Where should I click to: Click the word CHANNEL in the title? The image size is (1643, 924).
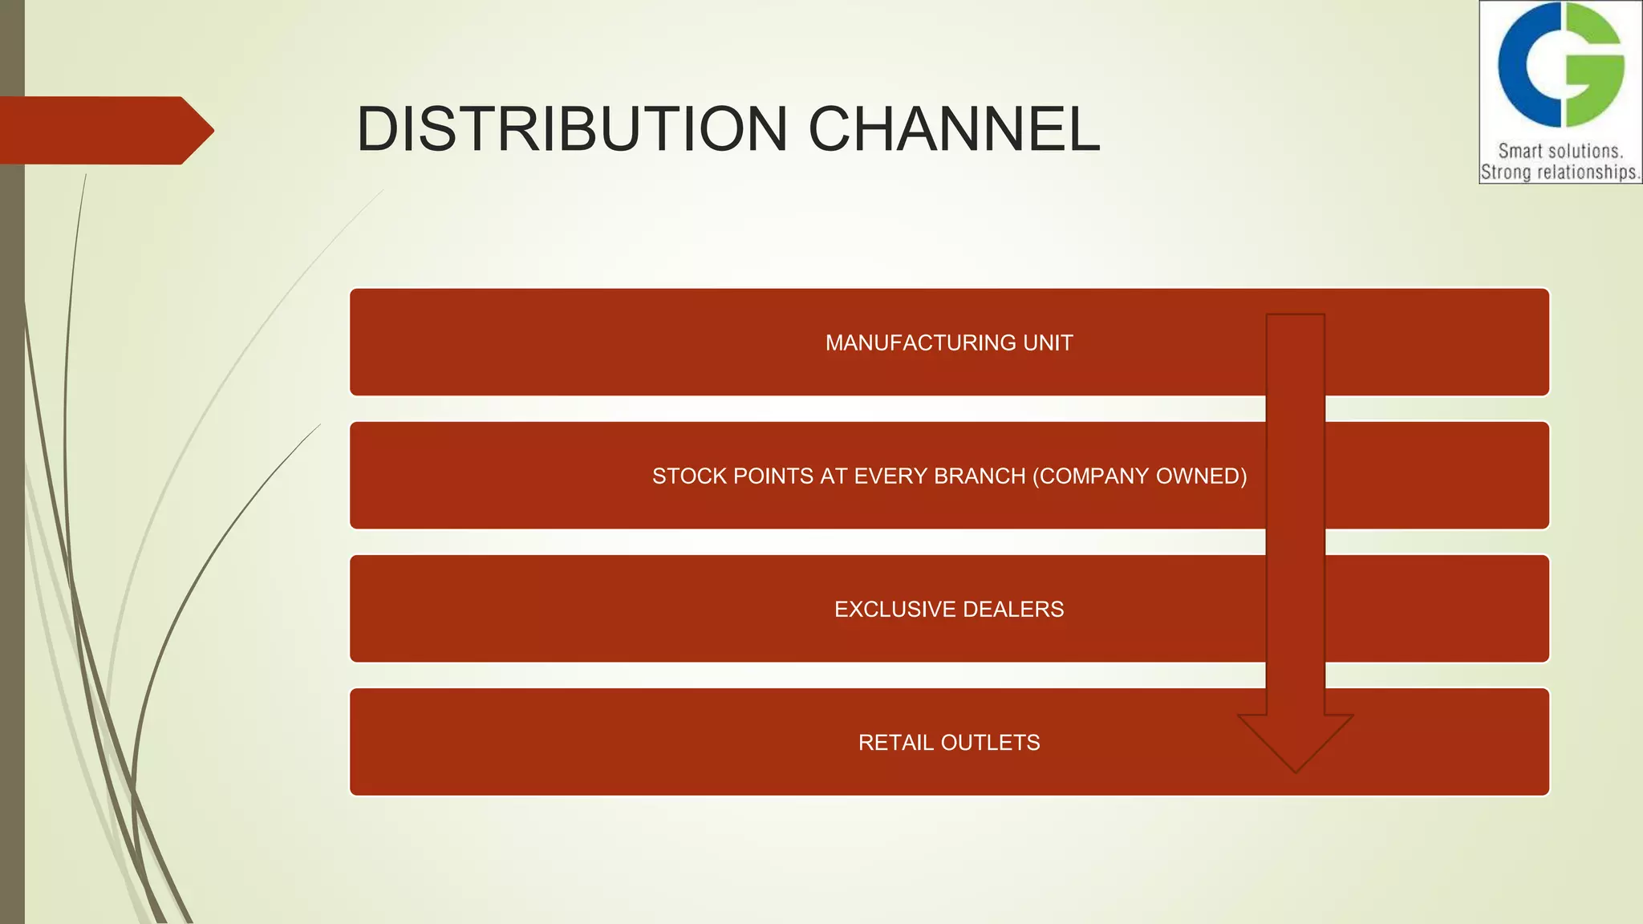tap(954, 129)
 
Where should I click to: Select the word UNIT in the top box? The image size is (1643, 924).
tap(1048, 343)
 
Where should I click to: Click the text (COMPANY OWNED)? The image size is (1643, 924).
tap(1139, 476)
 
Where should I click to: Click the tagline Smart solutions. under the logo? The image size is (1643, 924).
tap(1560, 151)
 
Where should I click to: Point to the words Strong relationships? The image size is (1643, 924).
tap(1560, 172)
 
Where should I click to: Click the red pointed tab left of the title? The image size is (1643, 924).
tap(104, 130)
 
